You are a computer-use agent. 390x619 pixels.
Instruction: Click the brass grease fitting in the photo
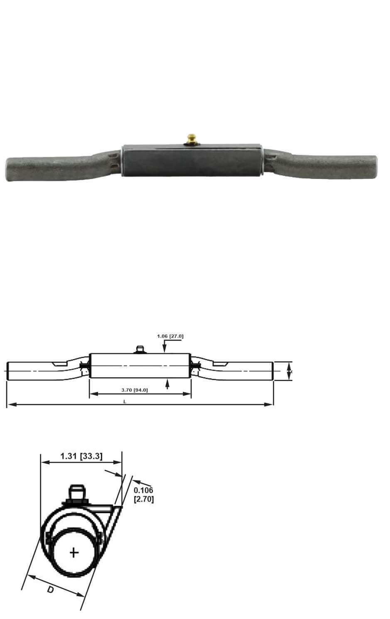coord(192,139)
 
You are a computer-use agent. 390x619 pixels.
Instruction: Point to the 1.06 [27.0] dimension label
coord(170,336)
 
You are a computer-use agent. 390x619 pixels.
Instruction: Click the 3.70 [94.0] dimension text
coord(134,390)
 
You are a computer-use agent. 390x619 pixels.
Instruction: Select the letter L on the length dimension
coord(125,401)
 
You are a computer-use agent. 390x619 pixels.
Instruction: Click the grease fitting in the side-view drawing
coord(140,349)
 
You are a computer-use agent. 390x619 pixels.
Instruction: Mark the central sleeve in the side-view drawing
coord(140,365)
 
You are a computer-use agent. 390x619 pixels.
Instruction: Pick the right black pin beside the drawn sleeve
coord(194,365)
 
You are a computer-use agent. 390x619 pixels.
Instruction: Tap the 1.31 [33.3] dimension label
coord(81,456)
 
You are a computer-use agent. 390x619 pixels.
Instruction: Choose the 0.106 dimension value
coord(143,490)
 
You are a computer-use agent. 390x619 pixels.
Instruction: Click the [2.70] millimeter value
coord(144,499)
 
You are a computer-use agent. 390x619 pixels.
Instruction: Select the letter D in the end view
coord(50,589)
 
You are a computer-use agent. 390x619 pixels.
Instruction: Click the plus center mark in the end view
coord(74,553)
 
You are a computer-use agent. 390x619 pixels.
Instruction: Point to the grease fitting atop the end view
coord(76,494)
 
